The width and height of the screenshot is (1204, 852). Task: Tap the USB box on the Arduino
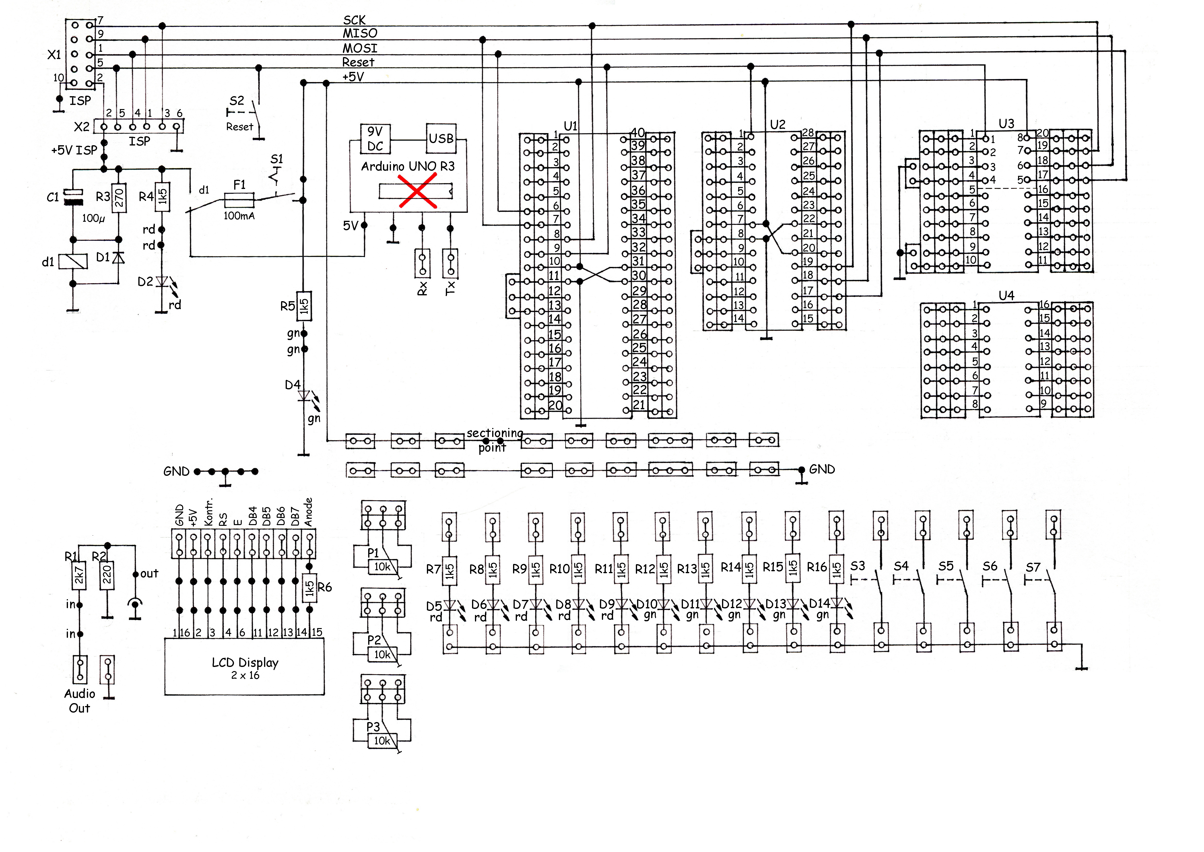441,138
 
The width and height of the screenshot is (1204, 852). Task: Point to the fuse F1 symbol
239,200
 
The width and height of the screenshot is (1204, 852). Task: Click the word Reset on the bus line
358,62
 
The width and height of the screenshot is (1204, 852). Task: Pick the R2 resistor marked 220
107,575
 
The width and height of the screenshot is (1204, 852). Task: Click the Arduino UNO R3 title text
407,166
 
